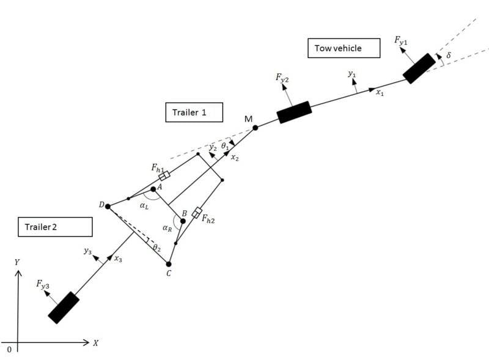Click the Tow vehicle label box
[x=338, y=48]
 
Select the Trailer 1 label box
[x=194, y=112]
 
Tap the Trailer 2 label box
[x=55, y=227]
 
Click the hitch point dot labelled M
[x=256, y=128]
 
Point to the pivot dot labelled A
[x=153, y=189]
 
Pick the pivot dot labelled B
[x=183, y=221]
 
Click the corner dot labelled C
[x=169, y=264]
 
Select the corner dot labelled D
[x=108, y=207]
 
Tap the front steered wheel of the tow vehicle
[x=419, y=68]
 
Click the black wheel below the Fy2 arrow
[x=295, y=112]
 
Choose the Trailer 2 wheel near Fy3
[x=64, y=307]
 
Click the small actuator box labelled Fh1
[x=164, y=175]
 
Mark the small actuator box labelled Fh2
[x=197, y=213]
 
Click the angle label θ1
[x=225, y=147]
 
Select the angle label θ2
[x=156, y=248]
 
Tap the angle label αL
[x=144, y=207]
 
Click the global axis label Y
[x=17, y=262]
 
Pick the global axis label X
[x=96, y=343]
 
